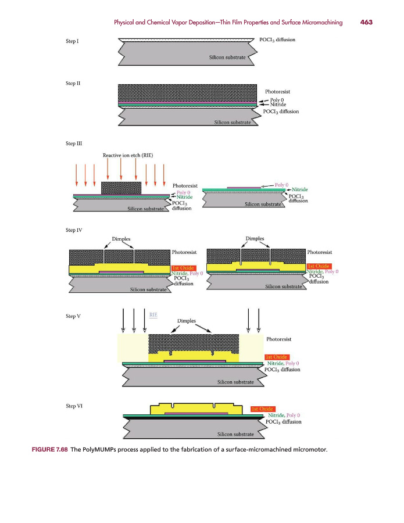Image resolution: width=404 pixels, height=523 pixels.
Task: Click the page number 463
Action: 366,22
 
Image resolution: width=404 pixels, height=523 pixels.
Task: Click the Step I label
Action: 72,41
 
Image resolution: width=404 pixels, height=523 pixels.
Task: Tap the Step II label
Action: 73,83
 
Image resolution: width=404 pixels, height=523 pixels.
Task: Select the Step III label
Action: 74,144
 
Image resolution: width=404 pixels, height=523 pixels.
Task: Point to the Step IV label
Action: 74,230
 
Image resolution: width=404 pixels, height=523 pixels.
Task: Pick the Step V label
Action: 73,316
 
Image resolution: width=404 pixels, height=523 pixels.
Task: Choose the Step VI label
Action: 74,406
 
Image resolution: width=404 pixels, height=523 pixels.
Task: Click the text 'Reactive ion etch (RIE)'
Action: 128,155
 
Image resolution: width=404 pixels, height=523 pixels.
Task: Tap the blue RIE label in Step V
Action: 153,314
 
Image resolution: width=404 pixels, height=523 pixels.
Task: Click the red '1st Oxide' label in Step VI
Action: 262,409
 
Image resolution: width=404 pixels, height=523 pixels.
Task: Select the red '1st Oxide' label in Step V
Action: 277,357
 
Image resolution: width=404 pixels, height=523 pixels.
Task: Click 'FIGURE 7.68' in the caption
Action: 50,449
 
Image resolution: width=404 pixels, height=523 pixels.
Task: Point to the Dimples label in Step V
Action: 187,321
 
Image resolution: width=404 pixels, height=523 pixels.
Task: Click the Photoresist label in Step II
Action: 277,91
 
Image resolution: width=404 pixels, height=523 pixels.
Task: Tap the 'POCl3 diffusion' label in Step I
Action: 277,40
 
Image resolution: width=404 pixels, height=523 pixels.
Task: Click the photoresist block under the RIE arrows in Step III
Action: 121,188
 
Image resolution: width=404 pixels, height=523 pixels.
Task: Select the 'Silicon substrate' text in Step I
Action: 227,58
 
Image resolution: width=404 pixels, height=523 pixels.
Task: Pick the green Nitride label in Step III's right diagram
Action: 299,189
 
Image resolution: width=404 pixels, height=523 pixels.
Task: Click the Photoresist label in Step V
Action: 279,339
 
